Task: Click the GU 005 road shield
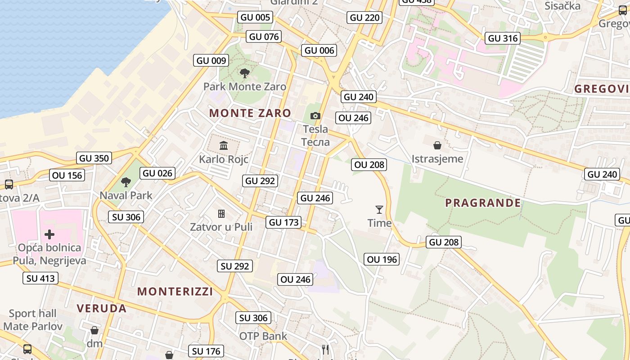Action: pos(255,18)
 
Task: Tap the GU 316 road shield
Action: pos(502,38)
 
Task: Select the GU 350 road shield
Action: pos(94,158)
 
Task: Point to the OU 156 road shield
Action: pos(67,175)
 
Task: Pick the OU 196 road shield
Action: pos(382,259)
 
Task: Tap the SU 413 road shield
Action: pos(40,278)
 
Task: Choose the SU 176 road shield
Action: pos(206,351)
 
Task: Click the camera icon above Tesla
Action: pos(315,116)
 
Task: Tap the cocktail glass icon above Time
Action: pos(379,210)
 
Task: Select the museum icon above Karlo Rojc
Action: pos(224,145)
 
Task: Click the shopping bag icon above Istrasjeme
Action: pos(437,145)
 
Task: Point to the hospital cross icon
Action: pos(49,234)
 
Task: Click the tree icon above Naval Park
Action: pos(126,182)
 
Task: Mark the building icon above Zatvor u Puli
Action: pos(221,213)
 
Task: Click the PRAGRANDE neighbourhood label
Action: pos(483,203)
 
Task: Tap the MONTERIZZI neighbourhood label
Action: pos(175,291)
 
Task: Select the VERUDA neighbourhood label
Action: pos(101,308)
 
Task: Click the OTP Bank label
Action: pos(263,336)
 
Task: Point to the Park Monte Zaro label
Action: pos(244,86)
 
